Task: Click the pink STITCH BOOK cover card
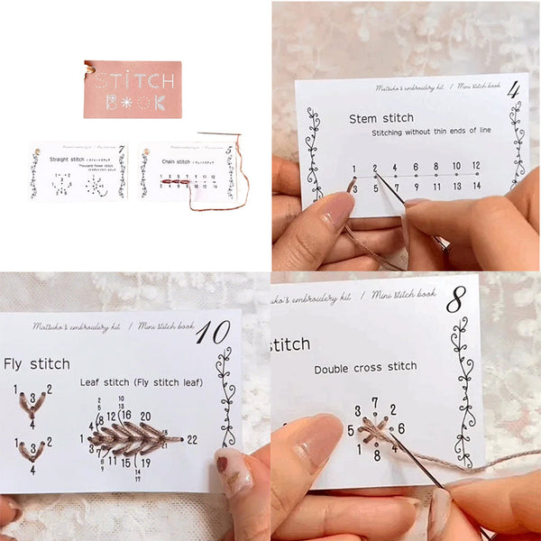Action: (x=133, y=90)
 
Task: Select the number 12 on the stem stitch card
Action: (x=475, y=166)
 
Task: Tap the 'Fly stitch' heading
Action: (x=36, y=364)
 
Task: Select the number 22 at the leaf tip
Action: (x=190, y=439)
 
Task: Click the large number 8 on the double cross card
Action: (x=455, y=300)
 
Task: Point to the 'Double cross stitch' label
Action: (x=365, y=367)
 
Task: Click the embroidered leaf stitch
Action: (x=131, y=439)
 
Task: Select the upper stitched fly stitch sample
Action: (x=32, y=403)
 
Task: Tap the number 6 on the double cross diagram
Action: (x=401, y=429)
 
